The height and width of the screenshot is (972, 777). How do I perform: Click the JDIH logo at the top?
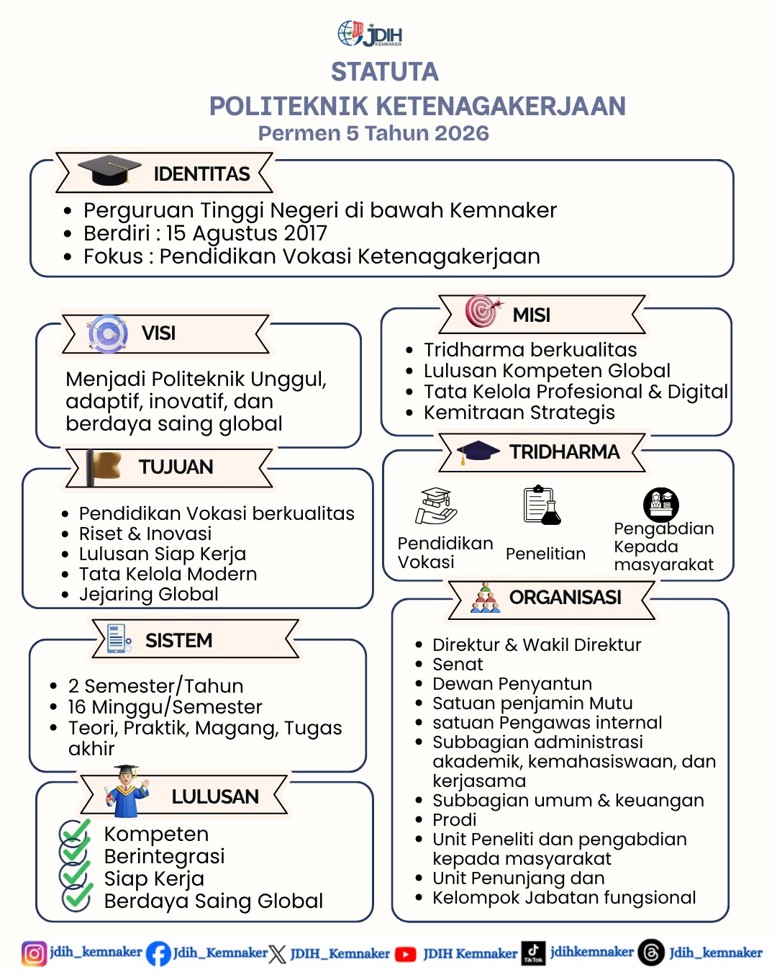point(370,34)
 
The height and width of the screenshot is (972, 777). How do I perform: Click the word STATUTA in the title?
point(384,72)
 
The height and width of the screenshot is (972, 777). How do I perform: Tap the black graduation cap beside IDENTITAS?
point(109,171)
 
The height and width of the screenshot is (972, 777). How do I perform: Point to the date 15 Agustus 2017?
point(246,233)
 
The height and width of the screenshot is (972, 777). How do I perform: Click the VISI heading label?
point(158,333)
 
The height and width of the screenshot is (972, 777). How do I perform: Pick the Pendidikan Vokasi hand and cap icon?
point(436,506)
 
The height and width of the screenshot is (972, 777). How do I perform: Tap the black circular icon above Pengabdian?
point(660,504)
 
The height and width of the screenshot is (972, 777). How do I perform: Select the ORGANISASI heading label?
point(565,598)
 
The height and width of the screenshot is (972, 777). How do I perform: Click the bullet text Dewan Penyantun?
point(512,683)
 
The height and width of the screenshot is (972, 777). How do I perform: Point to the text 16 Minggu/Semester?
point(165,707)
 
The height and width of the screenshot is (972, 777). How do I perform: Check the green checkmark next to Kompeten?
point(75,832)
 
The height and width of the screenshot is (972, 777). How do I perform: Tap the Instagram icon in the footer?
point(33,953)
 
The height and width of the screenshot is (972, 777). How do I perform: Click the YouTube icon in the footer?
point(406,954)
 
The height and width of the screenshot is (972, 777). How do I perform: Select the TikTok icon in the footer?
point(533,953)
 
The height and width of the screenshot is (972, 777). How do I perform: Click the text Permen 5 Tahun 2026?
point(373,133)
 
